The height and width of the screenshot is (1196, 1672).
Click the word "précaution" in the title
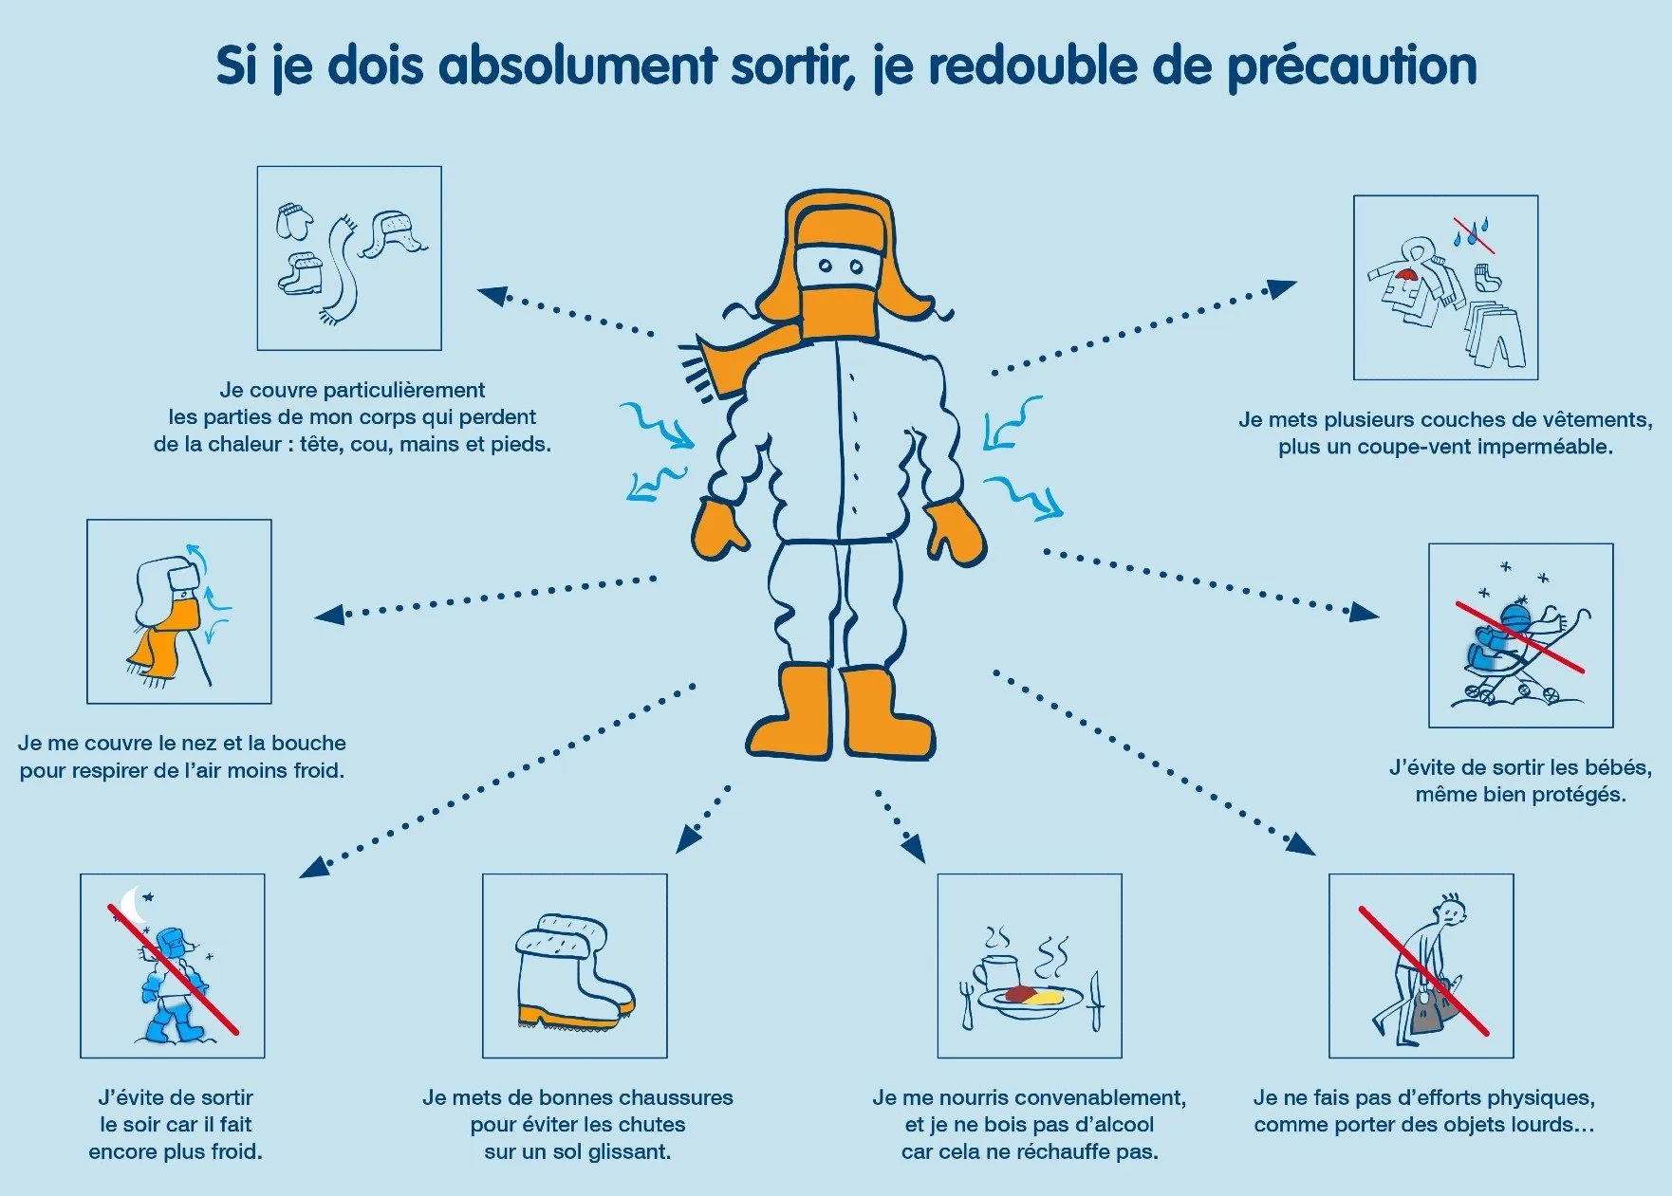point(1351,66)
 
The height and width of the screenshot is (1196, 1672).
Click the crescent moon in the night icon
point(134,905)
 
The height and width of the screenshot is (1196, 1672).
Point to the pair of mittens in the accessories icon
point(294,222)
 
